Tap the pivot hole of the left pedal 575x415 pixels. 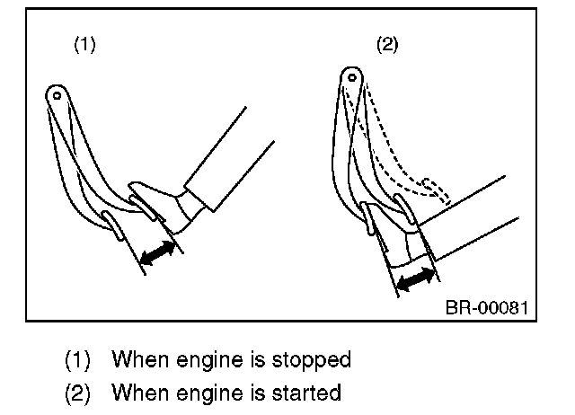[56, 93]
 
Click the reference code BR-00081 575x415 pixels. [486, 308]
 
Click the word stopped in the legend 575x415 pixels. [314, 360]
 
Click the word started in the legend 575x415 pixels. [309, 393]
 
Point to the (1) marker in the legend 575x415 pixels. [78, 360]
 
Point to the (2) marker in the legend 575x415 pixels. [78, 393]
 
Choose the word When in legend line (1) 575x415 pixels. [137, 360]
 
